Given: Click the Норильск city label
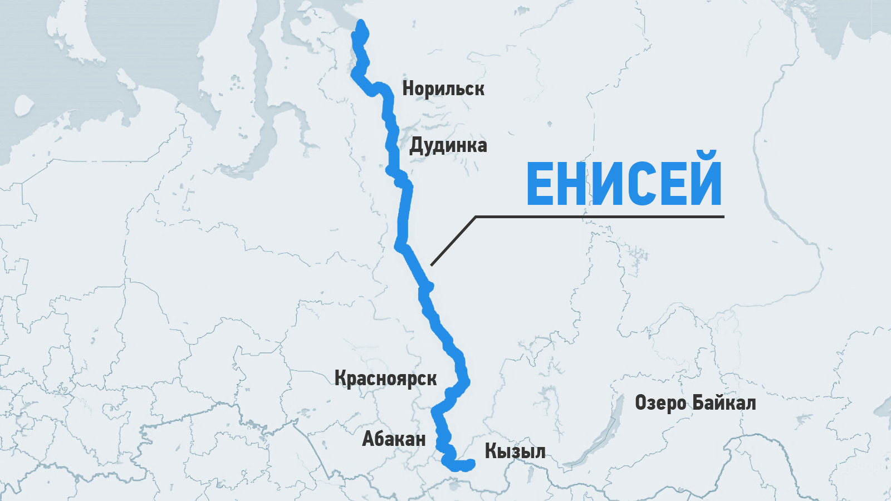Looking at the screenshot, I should tap(443, 89).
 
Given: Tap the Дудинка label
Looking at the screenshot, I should tap(448, 145).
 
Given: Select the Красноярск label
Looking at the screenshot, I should tap(385, 379).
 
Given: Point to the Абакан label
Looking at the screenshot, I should tap(394, 439).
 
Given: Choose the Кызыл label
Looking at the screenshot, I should tap(515, 451).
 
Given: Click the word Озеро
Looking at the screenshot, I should tap(661, 402).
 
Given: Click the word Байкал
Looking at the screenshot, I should tap(724, 402).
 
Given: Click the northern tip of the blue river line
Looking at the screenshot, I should tap(361, 24).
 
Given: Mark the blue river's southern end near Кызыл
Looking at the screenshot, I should tap(471, 464).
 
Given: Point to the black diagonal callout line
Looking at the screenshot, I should tap(452, 241).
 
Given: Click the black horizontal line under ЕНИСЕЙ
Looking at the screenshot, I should tap(601, 216).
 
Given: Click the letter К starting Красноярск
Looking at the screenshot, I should tap(341, 379).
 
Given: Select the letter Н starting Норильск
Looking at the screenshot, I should tap(408, 89).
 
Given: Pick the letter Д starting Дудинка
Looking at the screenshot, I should tap(416, 146).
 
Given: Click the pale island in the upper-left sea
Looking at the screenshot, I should tap(23, 104).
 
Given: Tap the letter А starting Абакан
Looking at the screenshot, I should tap(369, 439).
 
